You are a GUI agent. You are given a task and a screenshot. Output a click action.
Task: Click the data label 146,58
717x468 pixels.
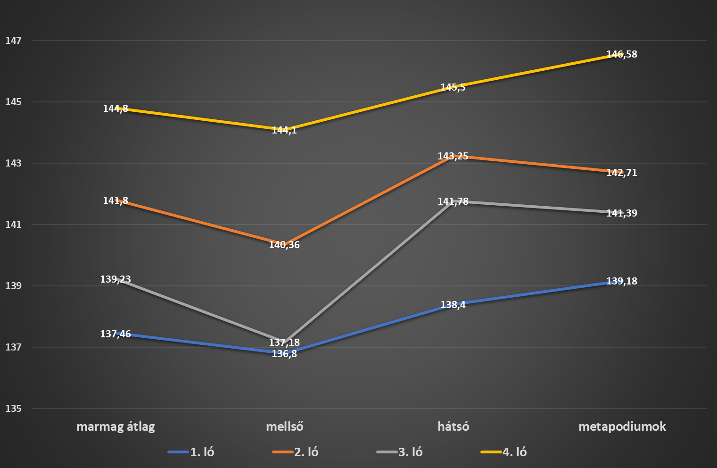coord(622,54)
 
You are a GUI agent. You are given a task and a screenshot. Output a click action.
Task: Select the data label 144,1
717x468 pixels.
coord(284,130)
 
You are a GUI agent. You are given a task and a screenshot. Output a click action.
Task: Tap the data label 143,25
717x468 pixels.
coord(453,156)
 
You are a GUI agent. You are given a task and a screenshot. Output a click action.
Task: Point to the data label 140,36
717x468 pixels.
coord(284,245)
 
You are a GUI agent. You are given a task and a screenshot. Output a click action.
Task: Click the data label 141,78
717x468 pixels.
coord(453,201)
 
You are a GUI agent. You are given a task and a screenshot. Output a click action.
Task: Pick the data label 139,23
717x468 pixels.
coord(115,279)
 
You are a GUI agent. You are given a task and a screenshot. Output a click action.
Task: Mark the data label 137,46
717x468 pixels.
coord(115,334)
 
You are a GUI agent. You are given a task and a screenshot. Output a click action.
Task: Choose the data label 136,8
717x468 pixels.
coord(284,354)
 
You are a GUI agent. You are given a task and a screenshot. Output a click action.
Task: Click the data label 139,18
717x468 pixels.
coord(622,281)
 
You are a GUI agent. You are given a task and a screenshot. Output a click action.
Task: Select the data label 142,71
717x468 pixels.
coord(622,173)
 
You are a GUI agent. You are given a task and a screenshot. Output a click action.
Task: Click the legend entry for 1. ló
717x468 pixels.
coord(191,452)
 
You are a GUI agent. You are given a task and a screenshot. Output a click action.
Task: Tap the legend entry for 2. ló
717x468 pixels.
coord(296,452)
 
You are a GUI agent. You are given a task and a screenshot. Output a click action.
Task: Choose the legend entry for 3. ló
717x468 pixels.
coord(399,452)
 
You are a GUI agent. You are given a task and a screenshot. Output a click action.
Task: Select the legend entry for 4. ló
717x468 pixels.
coord(503,452)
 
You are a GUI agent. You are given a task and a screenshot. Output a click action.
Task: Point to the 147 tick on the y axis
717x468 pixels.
coord(14,41)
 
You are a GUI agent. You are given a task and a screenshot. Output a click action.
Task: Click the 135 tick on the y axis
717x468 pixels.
coord(14,409)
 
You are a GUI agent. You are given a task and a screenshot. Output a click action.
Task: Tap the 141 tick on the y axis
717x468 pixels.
coord(14,225)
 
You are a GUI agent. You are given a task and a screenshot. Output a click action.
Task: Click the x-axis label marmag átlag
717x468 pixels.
coord(115,427)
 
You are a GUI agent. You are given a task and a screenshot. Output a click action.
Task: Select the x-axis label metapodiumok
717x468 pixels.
coord(622,427)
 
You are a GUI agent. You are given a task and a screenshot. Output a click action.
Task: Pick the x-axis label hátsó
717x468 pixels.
coord(453,426)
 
